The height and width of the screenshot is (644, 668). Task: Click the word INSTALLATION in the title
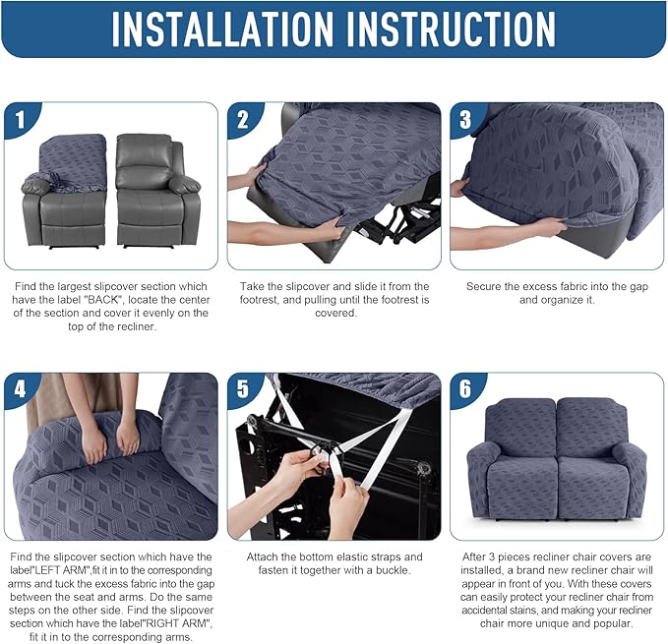pos(222,29)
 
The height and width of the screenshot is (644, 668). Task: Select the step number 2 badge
pos(243,120)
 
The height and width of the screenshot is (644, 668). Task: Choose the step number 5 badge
pos(243,389)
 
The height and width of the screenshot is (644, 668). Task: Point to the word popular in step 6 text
pos(611,623)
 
